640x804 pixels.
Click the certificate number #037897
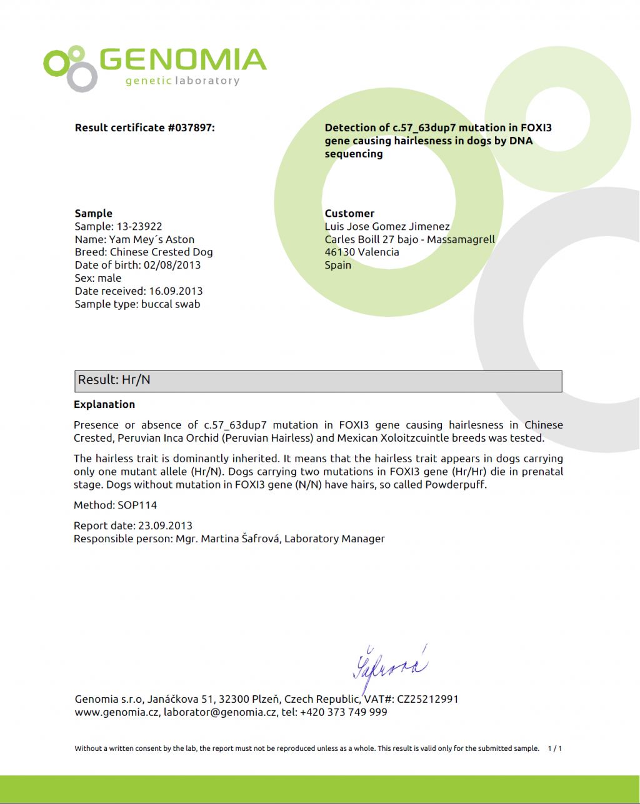click(x=191, y=128)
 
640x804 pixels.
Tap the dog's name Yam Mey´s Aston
click(x=152, y=240)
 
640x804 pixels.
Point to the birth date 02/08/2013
click(x=172, y=266)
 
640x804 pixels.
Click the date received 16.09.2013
click(x=175, y=291)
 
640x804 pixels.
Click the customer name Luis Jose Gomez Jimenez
click(x=387, y=227)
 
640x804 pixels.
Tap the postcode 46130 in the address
click(x=340, y=252)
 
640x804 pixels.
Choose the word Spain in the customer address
click(x=337, y=266)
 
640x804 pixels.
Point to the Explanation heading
click(x=104, y=405)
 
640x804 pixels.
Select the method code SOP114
click(x=137, y=505)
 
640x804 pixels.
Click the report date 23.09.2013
click(x=164, y=526)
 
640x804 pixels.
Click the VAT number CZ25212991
click(x=427, y=699)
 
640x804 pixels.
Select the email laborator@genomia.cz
click(x=220, y=712)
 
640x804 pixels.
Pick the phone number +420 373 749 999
click(x=344, y=712)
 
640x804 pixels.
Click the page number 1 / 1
click(x=555, y=748)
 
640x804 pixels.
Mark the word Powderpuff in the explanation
click(x=456, y=485)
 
